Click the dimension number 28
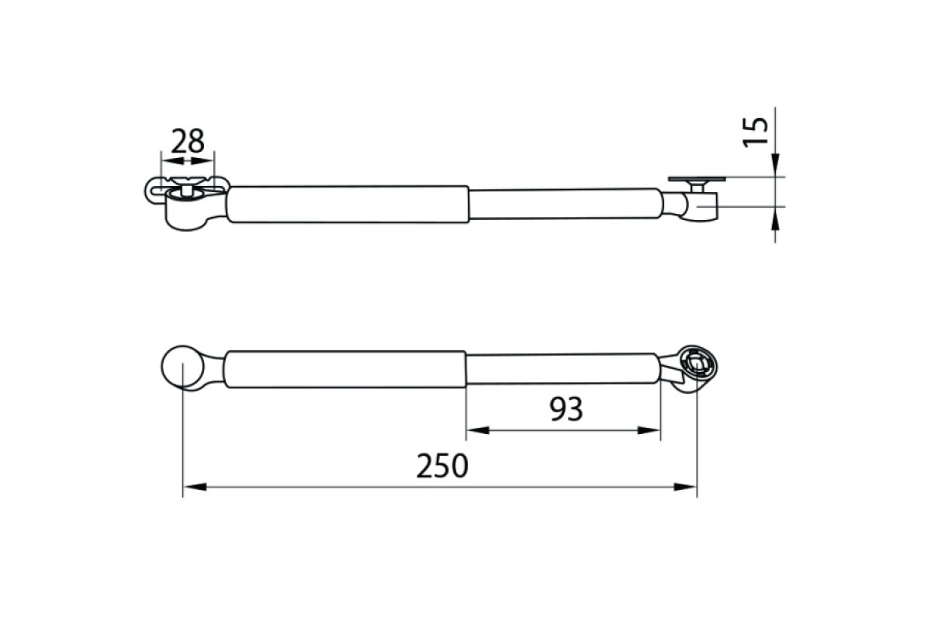click(x=188, y=141)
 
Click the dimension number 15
click(x=756, y=131)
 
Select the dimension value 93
click(x=566, y=409)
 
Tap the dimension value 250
click(x=442, y=466)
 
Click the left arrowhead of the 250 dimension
click(x=195, y=487)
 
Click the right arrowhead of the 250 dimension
click(x=685, y=487)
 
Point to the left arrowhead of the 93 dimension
click(x=478, y=431)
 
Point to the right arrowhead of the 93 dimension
click(x=649, y=431)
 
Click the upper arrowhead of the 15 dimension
click(x=775, y=165)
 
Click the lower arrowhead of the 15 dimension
click(x=775, y=218)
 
